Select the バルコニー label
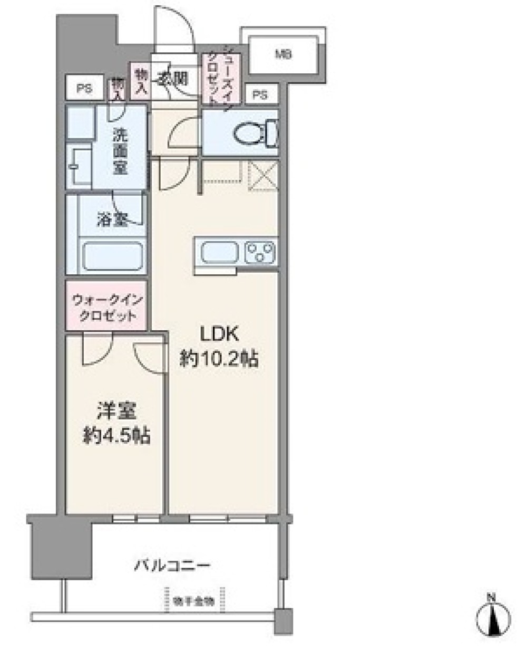[x=172, y=566]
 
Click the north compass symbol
[x=494, y=615]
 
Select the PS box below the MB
[x=259, y=95]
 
